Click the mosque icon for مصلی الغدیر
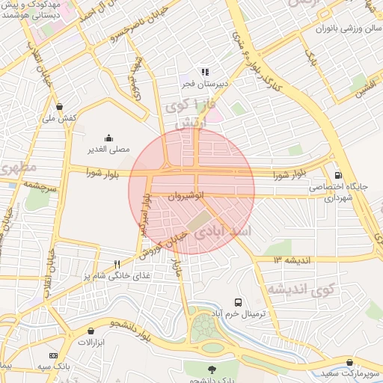[108, 137]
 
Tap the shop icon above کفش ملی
[59, 106]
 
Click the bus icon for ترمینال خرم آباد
[237, 303]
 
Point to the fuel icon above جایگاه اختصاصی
[338, 174]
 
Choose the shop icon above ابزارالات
[91, 330]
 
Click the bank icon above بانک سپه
[53, 355]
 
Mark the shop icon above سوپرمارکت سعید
[349, 362]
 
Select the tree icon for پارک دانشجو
[211, 369]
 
